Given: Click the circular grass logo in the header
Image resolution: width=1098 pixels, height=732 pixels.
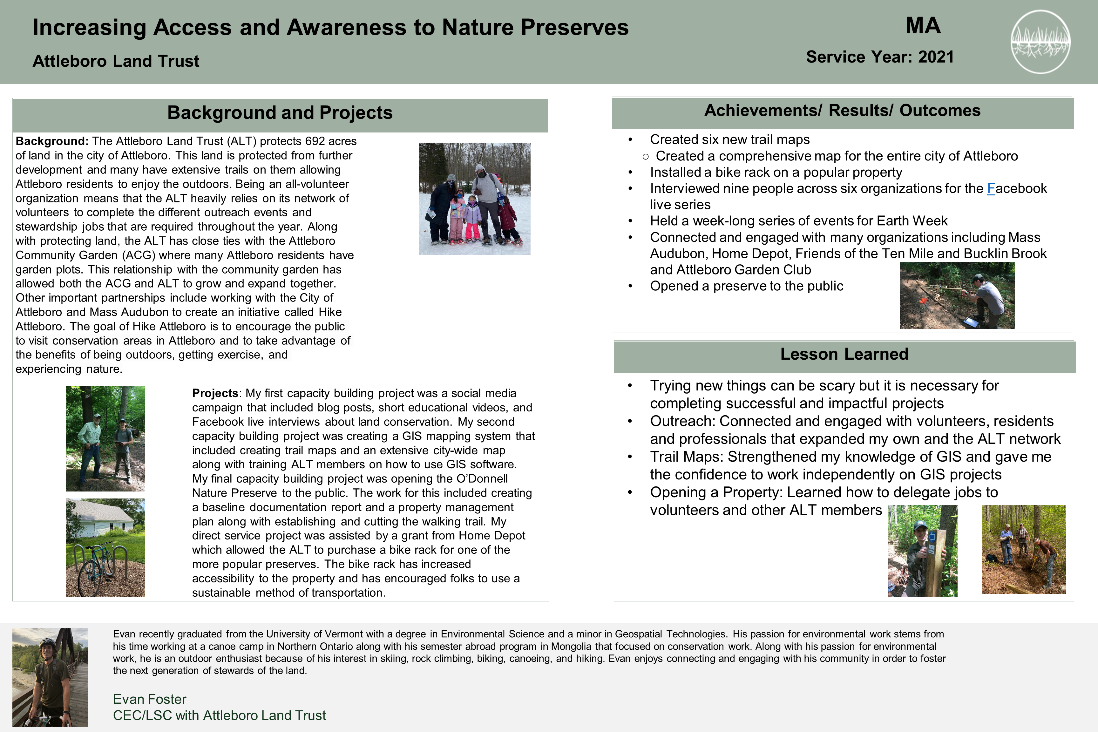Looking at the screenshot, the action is (1040, 42).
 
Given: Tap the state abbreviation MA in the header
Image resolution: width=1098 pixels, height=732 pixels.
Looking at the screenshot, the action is (923, 26).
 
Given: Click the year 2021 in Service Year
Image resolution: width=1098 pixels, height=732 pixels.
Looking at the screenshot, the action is (936, 57).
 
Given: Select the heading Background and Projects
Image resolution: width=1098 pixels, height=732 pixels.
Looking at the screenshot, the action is (280, 112).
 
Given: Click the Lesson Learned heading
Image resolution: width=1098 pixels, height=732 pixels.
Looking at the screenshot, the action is (844, 354).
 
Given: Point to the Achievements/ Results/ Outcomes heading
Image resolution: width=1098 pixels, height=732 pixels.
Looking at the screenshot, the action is (842, 111).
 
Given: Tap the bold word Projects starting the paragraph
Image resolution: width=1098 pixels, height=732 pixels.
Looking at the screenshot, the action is (215, 393).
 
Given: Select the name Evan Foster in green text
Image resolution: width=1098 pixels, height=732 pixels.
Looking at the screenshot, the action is (149, 699).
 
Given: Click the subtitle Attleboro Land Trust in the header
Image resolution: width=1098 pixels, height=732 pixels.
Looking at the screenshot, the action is (116, 61).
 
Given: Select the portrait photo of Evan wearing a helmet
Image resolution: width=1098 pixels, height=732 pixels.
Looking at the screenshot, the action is (50, 677).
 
